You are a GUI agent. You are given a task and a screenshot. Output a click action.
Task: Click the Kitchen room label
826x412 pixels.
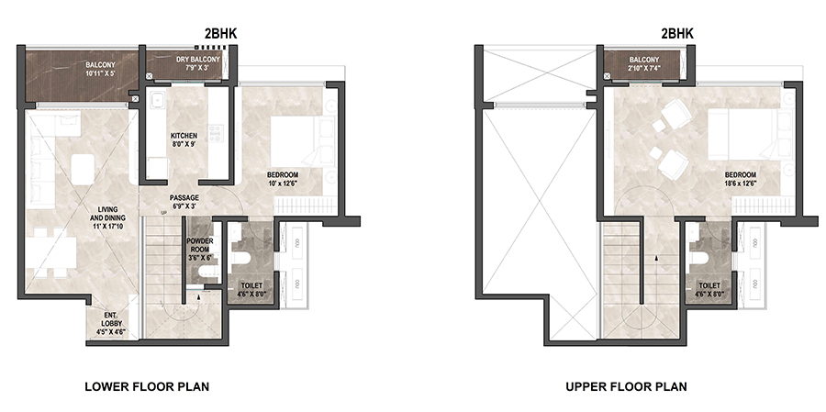(x=184, y=136)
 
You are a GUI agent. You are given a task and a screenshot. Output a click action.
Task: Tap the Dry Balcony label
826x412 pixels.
(x=198, y=60)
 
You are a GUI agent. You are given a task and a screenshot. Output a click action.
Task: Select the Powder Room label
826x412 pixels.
(x=201, y=245)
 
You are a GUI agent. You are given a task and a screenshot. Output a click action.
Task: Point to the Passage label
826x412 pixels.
(x=184, y=197)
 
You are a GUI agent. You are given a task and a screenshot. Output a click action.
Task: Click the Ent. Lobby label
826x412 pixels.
(x=111, y=319)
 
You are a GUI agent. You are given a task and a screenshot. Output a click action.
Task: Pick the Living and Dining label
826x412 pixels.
(x=107, y=214)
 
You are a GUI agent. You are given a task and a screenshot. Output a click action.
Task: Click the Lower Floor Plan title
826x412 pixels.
(x=147, y=386)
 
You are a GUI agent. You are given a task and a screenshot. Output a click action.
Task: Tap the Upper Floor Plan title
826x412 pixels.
(x=626, y=386)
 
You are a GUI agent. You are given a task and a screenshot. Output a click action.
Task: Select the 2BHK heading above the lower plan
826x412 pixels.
(x=220, y=34)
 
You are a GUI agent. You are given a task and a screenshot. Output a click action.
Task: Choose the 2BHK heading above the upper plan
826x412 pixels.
(x=677, y=34)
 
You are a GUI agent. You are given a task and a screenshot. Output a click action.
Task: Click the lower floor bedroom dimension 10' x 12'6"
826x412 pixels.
(x=283, y=184)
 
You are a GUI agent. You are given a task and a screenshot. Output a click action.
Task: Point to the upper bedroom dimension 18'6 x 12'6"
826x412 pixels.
(x=740, y=184)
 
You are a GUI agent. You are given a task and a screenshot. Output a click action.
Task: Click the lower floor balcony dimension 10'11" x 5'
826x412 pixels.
(x=101, y=73)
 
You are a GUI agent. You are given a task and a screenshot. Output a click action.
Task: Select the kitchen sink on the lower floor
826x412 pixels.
(x=156, y=100)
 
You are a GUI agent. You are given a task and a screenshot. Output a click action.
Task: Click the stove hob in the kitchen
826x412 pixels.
(x=215, y=134)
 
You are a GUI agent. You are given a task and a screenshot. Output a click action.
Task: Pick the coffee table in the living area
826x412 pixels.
(x=83, y=169)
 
